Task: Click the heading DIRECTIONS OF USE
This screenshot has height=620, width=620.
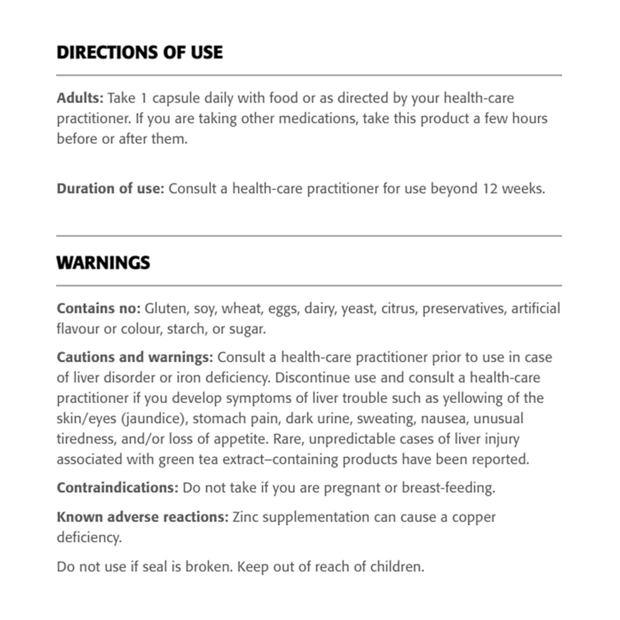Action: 139,53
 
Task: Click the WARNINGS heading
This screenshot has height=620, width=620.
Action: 103,263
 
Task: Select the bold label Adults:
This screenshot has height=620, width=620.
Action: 80,98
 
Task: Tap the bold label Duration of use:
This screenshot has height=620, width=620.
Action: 110,189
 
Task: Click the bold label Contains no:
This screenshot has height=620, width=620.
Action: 98,308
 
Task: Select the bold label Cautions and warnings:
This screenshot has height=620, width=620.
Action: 134,358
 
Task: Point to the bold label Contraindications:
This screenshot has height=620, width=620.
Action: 117,488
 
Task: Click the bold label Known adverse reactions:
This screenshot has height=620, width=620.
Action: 142,517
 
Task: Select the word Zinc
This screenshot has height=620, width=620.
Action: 245,517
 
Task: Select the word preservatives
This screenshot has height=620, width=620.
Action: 464,309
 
